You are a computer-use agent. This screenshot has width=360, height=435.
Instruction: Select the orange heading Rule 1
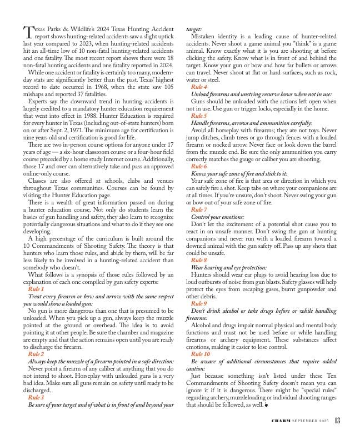pyautogui.click(x=37, y=289)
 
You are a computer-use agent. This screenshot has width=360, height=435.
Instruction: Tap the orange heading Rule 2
pyautogui.click(x=37, y=354)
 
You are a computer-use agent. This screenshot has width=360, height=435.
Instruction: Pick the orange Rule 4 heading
pyautogui.click(x=199, y=88)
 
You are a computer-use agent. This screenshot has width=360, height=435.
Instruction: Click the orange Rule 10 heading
pyautogui.click(x=200, y=354)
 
